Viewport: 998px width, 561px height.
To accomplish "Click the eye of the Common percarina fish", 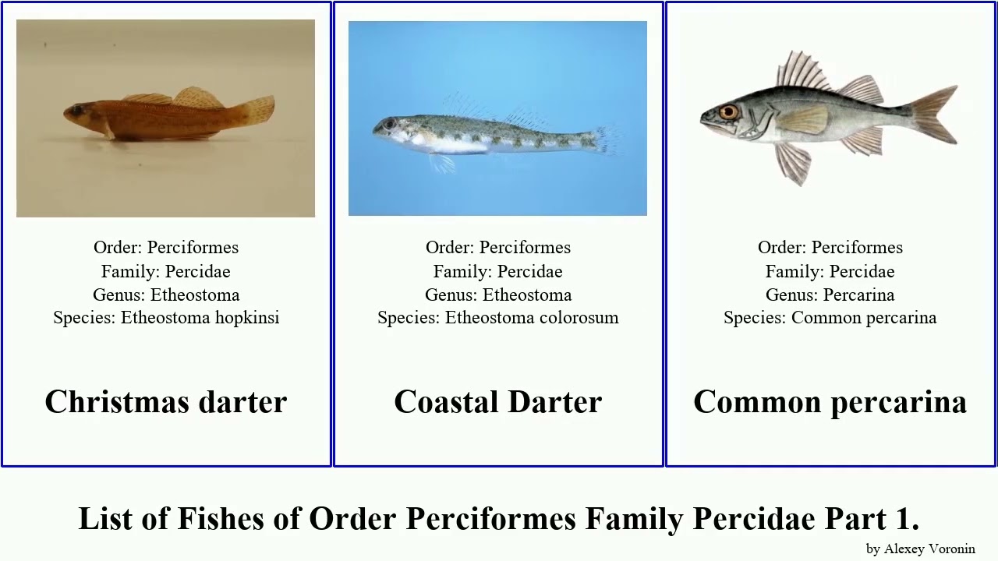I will (728, 112).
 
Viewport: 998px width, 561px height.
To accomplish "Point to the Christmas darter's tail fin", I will (256, 111).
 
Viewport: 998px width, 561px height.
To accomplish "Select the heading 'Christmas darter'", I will (166, 402).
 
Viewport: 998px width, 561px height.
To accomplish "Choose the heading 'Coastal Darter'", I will (498, 402).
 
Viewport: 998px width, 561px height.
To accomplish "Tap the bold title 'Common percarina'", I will (830, 402).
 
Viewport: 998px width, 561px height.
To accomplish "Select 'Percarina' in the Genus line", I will (858, 295).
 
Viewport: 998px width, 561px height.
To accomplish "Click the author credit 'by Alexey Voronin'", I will (920, 549).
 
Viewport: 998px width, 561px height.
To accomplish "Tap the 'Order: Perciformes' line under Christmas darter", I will (166, 248).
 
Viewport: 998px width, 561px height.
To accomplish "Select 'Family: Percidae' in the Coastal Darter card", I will (498, 271).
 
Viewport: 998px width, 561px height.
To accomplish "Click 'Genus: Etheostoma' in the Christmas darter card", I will (166, 295).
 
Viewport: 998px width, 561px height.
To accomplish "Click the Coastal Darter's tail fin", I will (606, 140).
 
